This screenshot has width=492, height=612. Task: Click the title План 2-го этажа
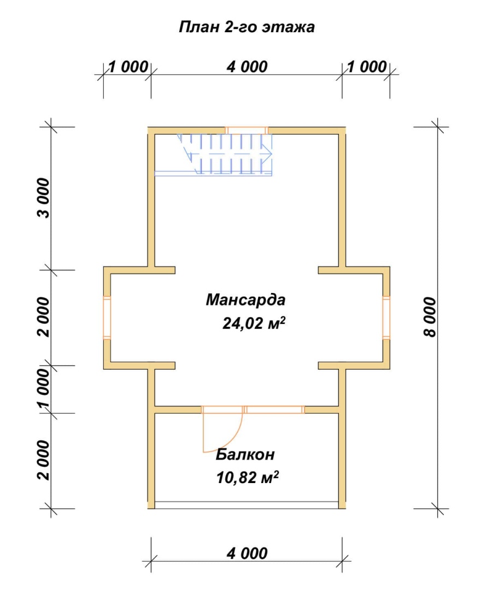tap(247, 27)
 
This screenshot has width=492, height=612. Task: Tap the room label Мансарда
tap(245, 300)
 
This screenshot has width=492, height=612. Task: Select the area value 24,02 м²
tap(254, 323)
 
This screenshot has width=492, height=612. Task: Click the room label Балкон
tap(245, 455)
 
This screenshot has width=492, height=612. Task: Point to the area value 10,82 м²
tap(248, 477)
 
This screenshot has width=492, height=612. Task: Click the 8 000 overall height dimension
tap(430, 317)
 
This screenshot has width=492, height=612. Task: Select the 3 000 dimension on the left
tap(44, 198)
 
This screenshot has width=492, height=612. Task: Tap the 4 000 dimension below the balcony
tap(247, 553)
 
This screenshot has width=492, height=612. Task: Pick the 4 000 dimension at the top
tap(247, 67)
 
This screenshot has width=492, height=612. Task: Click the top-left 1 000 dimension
tap(128, 67)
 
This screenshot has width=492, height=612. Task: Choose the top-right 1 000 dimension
tap(366, 67)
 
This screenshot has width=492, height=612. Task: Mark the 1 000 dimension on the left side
tap(44, 389)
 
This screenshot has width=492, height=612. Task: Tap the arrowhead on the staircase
tap(267, 154)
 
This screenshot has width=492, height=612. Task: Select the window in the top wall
tap(247, 131)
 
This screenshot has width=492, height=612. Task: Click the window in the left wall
tap(107, 317)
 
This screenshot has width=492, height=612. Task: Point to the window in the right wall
tap(386, 317)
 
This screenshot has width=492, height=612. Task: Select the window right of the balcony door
tap(275, 409)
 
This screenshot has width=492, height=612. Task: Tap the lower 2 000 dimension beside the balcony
tap(44, 461)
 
